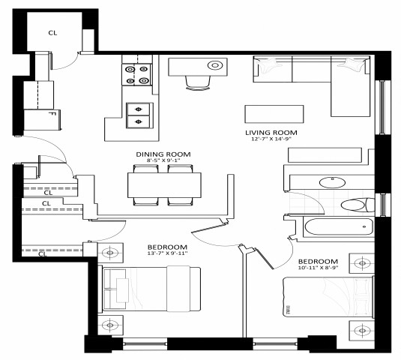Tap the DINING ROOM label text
[x=163, y=153]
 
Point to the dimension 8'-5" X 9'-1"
[x=163, y=160]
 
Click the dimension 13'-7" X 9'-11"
[x=167, y=254]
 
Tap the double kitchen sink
[x=138, y=115]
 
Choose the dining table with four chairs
[x=163, y=184]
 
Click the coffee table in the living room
[x=274, y=113]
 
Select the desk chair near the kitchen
[x=198, y=82]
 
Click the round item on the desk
[x=217, y=65]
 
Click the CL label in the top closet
[x=52, y=32]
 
